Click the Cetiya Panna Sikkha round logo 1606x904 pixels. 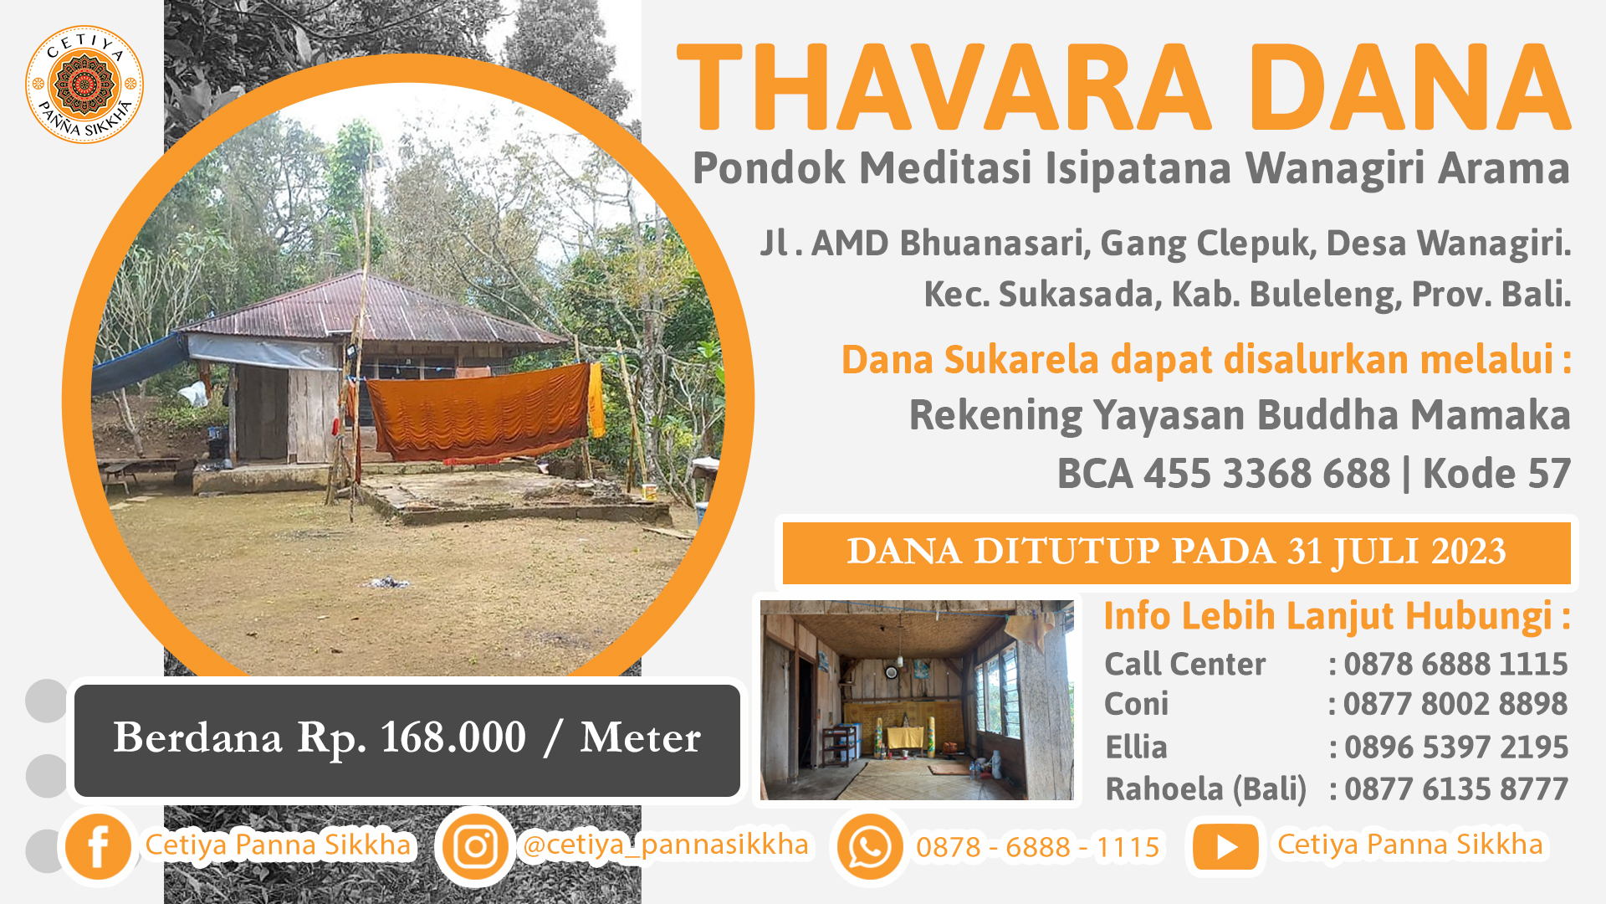click(x=84, y=84)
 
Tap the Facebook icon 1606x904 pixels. click(x=98, y=846)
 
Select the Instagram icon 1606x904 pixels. click(x=475, y=847)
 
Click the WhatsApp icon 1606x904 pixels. click(x=869, y=847)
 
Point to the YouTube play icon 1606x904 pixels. click(x=1225, y=847)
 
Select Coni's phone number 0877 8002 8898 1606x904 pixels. click(x=1455, y=704)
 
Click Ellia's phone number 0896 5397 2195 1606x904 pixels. click(x=1455, y=747)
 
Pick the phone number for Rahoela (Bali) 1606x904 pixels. click(x=1455, y=788)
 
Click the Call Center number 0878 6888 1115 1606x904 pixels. click(x=1455, y=664)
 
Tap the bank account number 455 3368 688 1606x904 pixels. click(x=1266, y=474)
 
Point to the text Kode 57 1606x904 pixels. click(x=1496, y=474)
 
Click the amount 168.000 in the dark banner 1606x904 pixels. click(x=453, y=737)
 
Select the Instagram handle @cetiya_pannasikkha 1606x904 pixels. click(x=665, y=845)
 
